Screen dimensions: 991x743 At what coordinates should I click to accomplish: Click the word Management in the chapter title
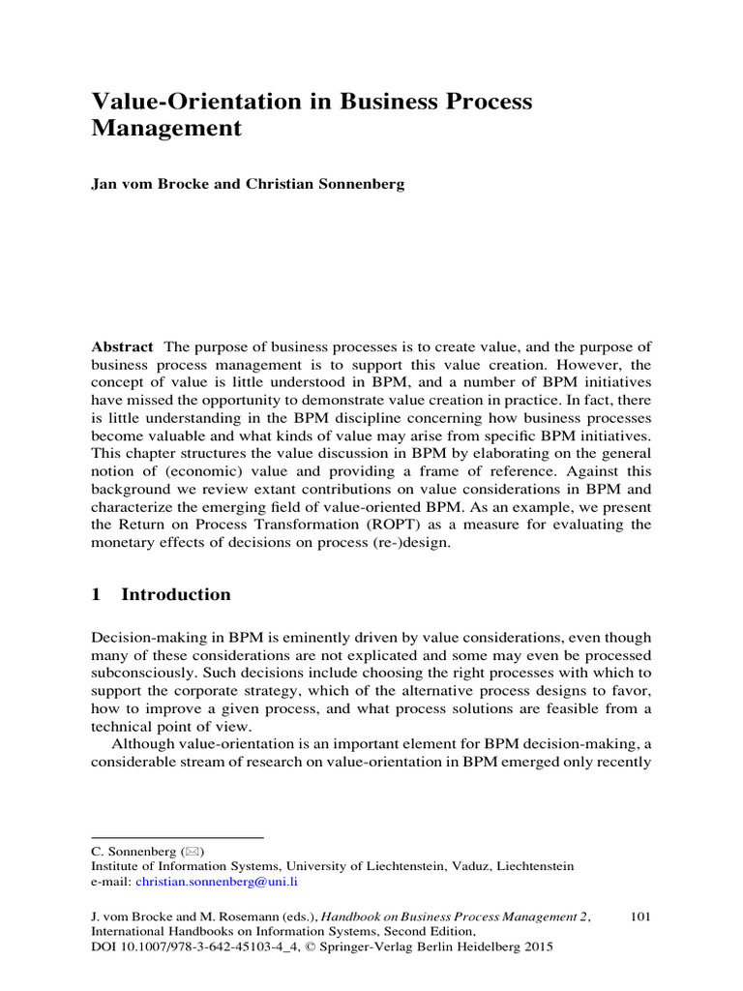click(165, 128)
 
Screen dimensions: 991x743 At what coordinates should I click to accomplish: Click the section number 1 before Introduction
click(96, 595)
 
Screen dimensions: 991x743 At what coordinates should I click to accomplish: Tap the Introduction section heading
click(176, 595)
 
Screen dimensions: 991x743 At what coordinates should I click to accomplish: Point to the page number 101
click(639, 915)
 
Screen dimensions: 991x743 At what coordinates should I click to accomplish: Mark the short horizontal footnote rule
click(177, 836)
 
